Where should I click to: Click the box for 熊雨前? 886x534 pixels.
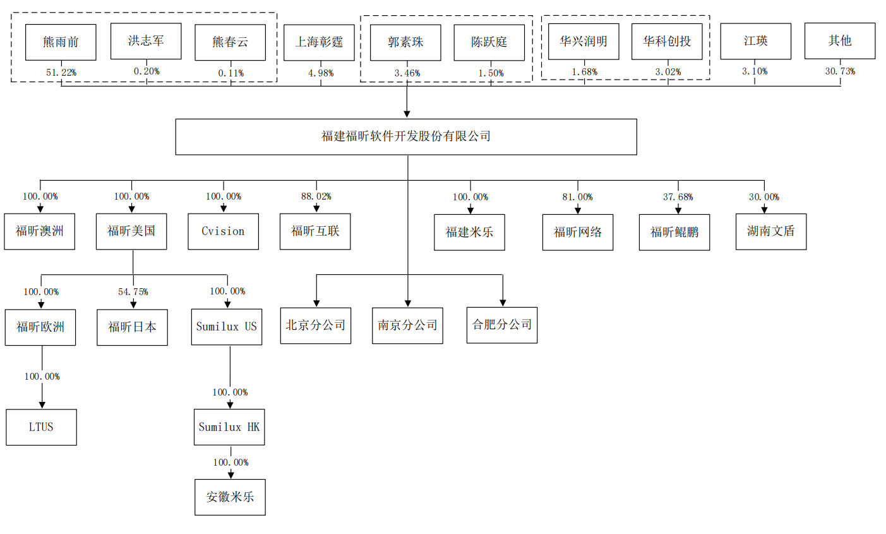pyautogui.click(x=61, y=42)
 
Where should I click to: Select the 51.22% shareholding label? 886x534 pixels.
pyautogui.click(x=61, y=73)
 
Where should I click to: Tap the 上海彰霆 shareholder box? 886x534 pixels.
pyautogui.click(x=319, y=42)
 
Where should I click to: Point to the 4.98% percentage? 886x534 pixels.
pyautogui.click(x=321, y=73)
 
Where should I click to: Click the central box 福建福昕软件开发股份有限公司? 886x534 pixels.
pyautogui.click(x=406, y=137)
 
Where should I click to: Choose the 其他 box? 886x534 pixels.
pyautogui.click(x=840, y=41)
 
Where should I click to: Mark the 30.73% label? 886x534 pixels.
pyautogui.click(x=840, y=71)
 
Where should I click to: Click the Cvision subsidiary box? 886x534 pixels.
pyautogui.click(x=224, y=231)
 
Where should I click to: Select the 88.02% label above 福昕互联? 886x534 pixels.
pyautogui.click(x=316, y=197)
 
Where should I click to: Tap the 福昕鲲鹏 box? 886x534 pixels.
pyautogui.click(x=674, y=233)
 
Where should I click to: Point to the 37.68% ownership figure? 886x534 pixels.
pyautogui.click(x=678, y=197)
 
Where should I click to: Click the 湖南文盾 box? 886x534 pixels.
pyautogui.click(x=771, y=231)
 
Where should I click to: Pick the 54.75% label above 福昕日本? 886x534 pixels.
pyautogui.click(x=133, y=292)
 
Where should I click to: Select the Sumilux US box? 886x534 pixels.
pyautogui.click(x=227, y=327)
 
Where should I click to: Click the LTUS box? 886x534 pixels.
pyautogui.click(x=42, y=427)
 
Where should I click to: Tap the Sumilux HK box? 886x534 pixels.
pyautogui.click(x=229, y=427)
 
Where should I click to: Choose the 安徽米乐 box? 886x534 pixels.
pyautogui.click(x=230, y=497)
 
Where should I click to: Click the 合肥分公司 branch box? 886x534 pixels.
pyautogui.click(x=502, y=325)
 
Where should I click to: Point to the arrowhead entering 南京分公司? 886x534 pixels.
pyautogui.click(x=408, y=303)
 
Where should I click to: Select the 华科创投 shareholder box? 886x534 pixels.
pyautogui.click(x=667, y=42)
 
